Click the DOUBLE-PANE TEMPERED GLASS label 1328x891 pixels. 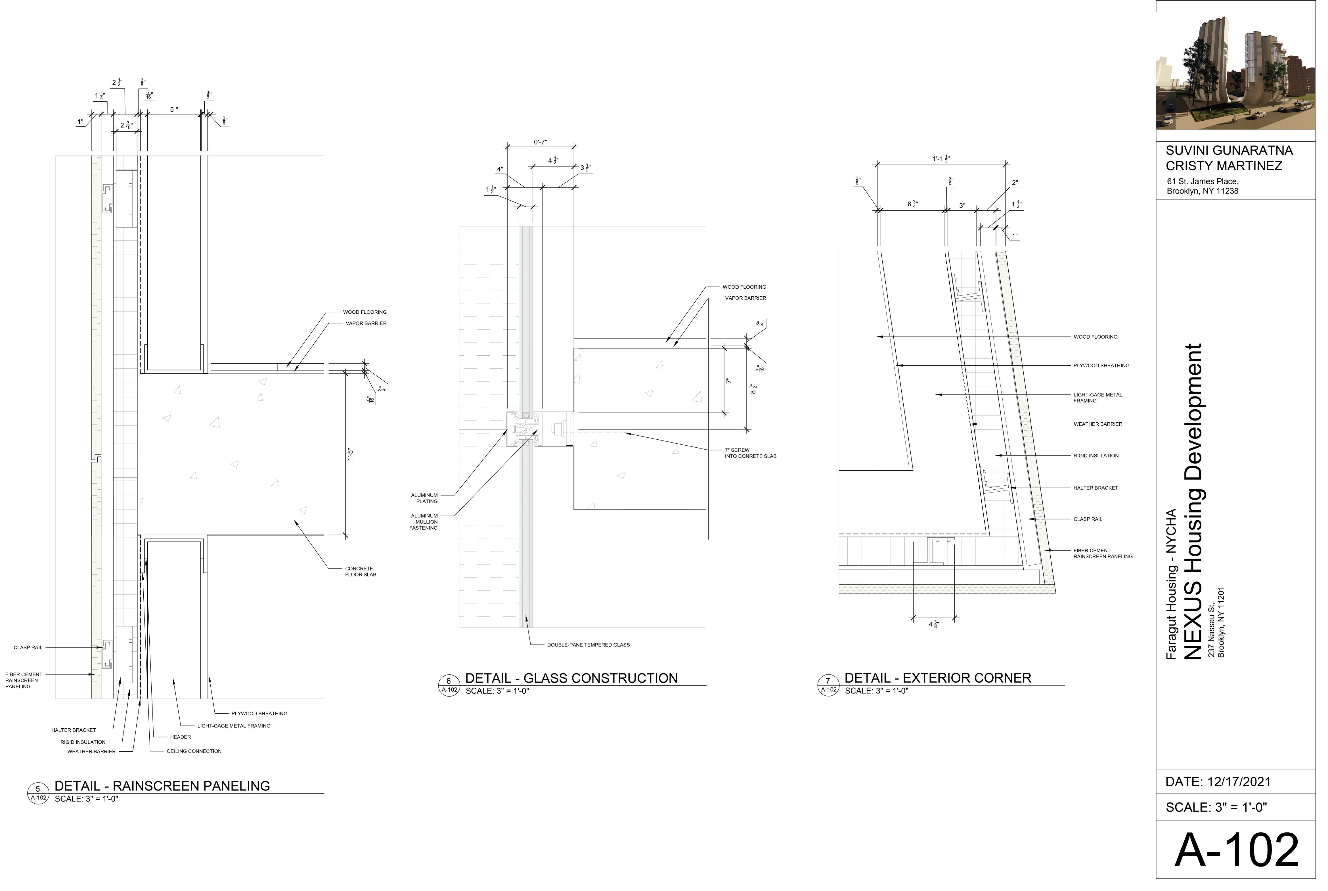pos(588,645)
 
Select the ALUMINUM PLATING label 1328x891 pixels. pos(424,498)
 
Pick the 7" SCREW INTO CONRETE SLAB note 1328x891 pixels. pos(750,453)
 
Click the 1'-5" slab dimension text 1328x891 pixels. pos(351,455)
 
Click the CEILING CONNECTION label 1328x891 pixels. pos(194,751)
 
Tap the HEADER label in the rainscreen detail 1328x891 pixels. pos(180,737)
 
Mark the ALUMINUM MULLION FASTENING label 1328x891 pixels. pos(424,522)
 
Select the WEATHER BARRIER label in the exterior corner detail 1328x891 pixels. pos(1097,424)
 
